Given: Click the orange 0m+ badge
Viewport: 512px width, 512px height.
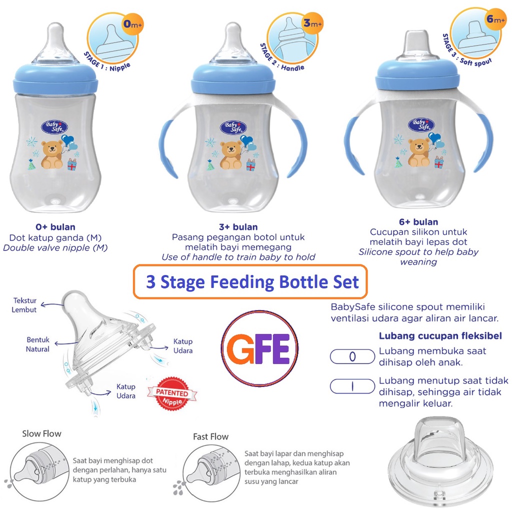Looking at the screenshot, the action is coord(132,24).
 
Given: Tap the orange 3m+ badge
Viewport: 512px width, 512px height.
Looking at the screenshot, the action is coord(312,23).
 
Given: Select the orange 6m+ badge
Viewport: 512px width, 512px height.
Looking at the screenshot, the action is coord(495,19).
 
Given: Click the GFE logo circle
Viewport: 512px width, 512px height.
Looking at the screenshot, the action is coord(259,348).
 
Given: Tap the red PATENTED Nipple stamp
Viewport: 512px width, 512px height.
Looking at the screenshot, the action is coord(172,393).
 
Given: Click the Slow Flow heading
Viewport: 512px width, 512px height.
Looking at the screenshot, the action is coord(41,433).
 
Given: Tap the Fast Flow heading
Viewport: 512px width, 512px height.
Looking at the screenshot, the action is coord(210,436).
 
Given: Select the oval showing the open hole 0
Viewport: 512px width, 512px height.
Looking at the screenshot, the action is coord(352,356).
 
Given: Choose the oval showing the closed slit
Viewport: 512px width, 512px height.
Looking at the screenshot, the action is coord(352,386).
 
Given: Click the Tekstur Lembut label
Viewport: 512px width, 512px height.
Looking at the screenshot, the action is coord(24,305).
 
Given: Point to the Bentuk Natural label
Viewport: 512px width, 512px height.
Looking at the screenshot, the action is coord(38,344).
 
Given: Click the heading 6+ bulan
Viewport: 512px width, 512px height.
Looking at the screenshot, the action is coord(418,222).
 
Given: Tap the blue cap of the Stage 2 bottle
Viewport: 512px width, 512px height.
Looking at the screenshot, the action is coord(233,78).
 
